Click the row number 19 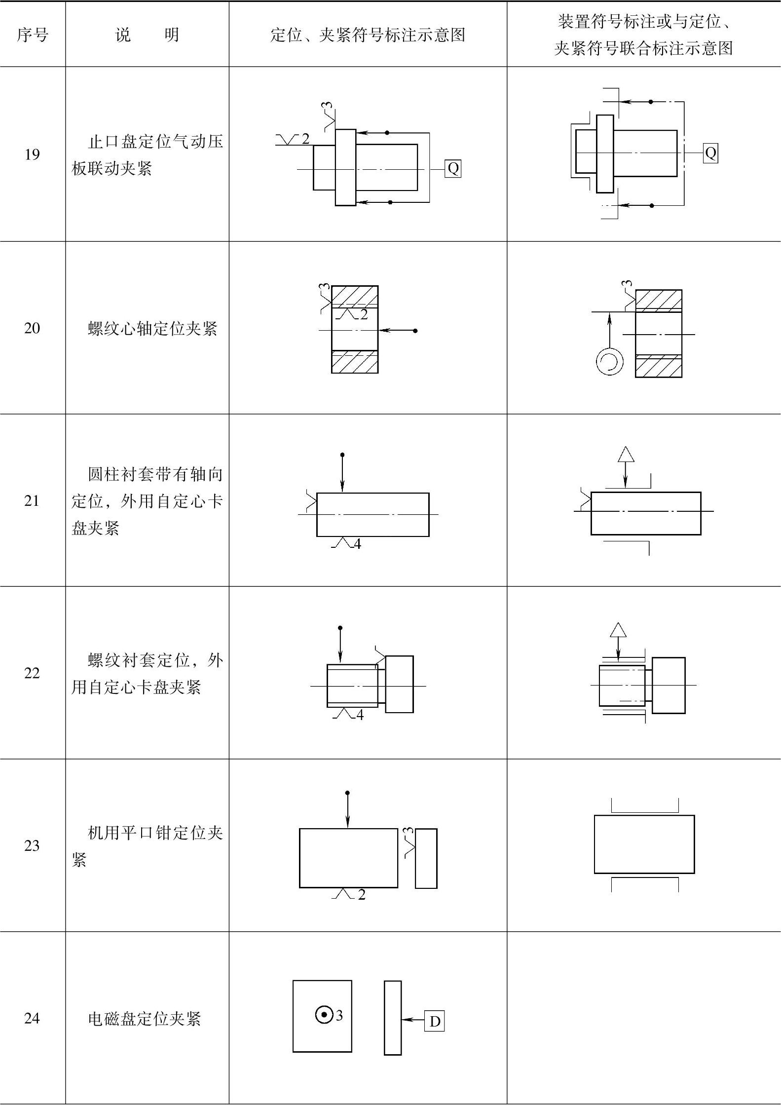[32, 154]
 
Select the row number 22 [32, 673]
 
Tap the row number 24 [32, 1018]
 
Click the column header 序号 [33, 35]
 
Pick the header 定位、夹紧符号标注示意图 [368, 35]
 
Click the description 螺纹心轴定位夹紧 [152, 328]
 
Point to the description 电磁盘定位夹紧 [144, 1018]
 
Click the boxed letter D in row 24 [435, 1021]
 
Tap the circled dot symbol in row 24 [324, 1015]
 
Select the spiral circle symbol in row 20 [609, 361]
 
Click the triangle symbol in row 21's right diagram [626, 454]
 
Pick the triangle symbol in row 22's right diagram [618, 630]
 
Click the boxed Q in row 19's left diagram [453, 169]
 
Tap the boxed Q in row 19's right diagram [710, 153]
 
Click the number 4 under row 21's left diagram [357, 544]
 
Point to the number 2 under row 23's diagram [362, 895]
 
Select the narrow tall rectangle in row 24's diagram [393, 1018]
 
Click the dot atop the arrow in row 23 [347, 793]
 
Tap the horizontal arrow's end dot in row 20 [415, 331]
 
